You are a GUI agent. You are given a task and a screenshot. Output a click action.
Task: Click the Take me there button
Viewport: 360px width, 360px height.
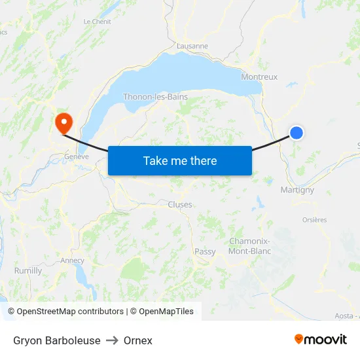(x=180, y=160)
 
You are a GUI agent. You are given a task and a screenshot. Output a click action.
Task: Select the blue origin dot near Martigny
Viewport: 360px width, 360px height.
(x=297, y=133)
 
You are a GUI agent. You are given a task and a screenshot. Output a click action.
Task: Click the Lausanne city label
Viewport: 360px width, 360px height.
(x=192, y=46)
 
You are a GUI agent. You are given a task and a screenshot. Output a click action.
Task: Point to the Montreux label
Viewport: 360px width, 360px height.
(x=259, y=77)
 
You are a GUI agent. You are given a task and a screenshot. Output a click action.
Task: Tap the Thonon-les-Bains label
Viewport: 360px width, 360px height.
(x=155, y=97)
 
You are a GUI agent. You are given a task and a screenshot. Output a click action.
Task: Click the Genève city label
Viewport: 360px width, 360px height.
(x=77, y=157)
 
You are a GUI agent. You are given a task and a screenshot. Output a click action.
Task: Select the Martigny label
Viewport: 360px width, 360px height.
(x=297, y=190)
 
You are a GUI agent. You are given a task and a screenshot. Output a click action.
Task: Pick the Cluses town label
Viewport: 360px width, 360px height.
(x=180, y=205)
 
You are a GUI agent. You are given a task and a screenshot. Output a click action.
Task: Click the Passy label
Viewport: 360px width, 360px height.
(x=205, y=251)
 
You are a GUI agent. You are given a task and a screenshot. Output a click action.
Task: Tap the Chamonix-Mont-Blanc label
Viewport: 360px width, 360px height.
(x=249, y=246)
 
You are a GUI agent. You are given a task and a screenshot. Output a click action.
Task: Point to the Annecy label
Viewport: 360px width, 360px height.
(x=72, y=261)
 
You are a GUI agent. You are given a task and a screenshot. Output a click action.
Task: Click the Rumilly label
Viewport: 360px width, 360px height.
(x=28, y=270)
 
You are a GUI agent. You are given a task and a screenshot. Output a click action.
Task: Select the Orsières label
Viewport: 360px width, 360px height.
(x=315, y=220)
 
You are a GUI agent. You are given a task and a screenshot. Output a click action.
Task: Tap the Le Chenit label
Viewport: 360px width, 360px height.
(x=97, y=22)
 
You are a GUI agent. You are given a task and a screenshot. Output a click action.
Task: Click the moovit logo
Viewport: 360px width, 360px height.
(x=320, y=340)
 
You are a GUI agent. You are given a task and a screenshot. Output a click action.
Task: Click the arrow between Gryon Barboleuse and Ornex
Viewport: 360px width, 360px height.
(x=112, y=340)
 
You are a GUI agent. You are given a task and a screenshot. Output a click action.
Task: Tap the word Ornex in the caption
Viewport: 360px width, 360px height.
(x=137, y=340)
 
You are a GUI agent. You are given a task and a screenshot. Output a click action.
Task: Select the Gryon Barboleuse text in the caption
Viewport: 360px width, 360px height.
(x=57, y=340)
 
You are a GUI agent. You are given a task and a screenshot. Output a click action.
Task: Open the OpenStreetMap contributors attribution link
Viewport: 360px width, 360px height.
(x=70, y=312)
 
